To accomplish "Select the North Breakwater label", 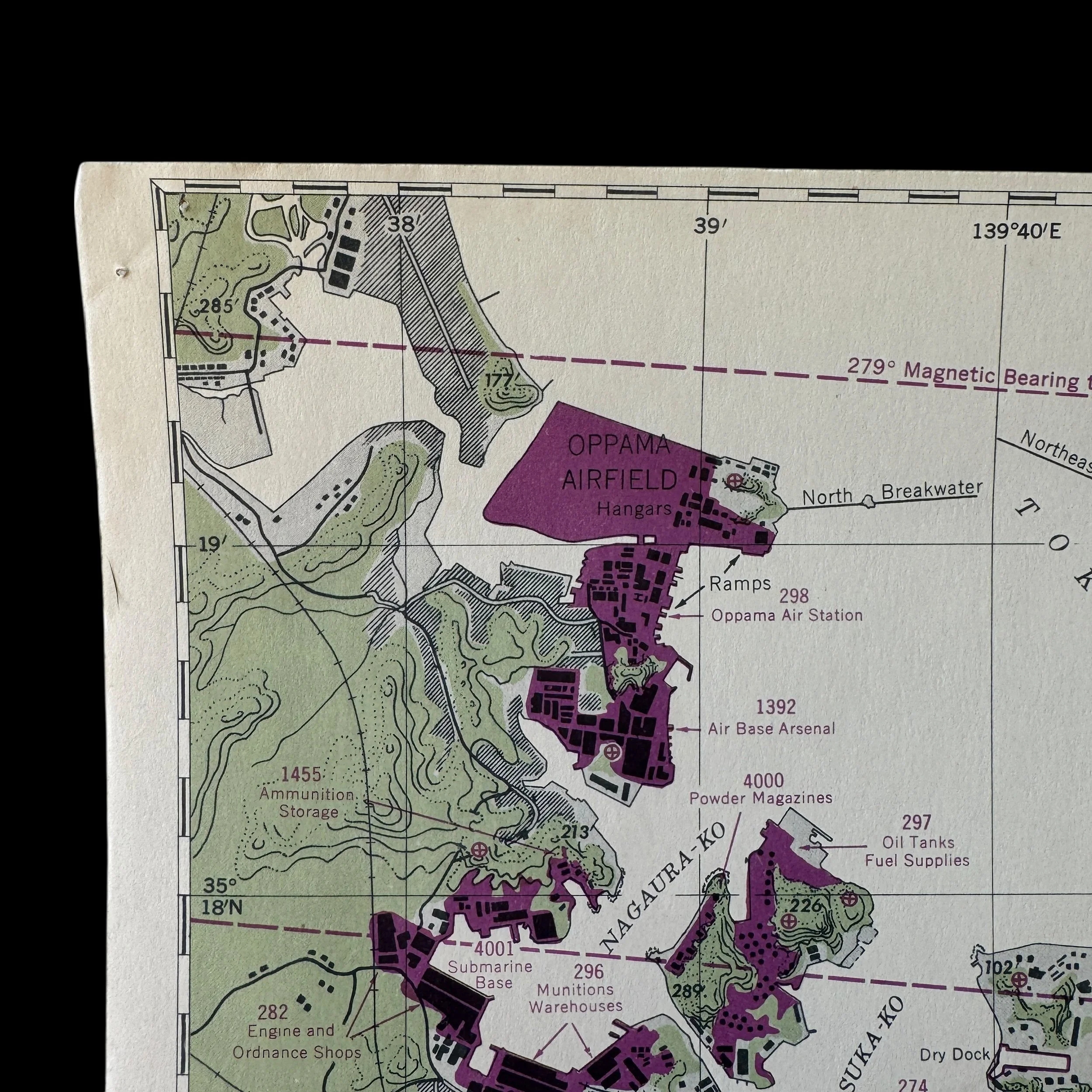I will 892,493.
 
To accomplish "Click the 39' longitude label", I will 710,227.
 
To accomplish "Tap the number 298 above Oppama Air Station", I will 794,596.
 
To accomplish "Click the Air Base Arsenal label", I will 771,729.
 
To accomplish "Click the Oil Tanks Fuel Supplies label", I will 917,851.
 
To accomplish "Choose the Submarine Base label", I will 490,975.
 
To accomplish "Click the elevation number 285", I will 215,306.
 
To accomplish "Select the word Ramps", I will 740,583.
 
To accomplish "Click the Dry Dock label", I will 955,1054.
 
